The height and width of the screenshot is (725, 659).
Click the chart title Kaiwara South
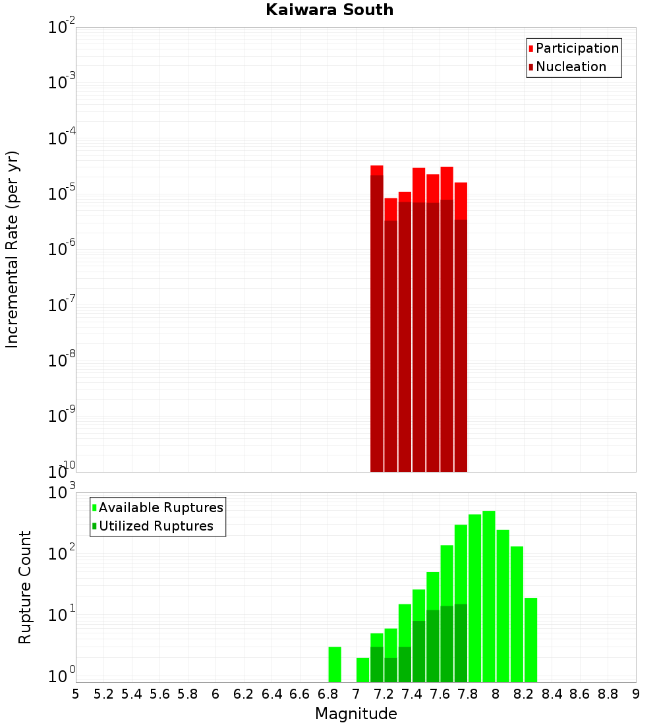(329, 10)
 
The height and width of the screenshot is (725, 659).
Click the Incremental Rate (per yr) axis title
(13, 249)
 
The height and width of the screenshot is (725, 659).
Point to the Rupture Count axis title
(25, 587)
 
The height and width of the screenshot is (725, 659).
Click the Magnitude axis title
(356, 714)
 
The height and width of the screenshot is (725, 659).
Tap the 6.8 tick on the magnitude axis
(328, 694)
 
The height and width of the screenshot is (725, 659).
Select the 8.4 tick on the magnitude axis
(552, 694)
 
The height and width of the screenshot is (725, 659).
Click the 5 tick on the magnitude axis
(76, 694)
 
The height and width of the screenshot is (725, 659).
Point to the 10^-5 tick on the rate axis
(62, 194)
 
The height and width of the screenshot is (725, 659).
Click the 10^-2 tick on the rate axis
(62, 28)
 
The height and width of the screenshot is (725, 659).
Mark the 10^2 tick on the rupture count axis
(62, 554)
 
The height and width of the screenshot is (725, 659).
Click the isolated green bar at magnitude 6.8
(335, 664)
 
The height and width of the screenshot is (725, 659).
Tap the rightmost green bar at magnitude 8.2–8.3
(530, 639)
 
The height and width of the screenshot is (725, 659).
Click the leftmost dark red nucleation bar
(377, 323)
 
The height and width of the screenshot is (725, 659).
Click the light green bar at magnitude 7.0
(362, 670)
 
